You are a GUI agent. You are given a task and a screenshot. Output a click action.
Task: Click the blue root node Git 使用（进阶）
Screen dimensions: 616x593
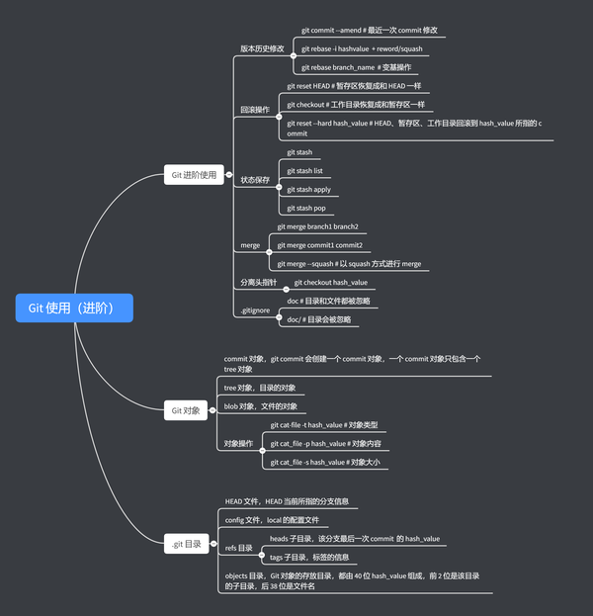(74, 308)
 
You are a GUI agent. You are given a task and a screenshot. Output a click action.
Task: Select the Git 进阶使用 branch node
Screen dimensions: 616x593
(194, 175)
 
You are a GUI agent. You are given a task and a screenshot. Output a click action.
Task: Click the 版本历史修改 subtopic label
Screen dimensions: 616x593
(262, 48)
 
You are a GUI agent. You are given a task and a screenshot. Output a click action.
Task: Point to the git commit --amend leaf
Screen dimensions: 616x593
(369, 31)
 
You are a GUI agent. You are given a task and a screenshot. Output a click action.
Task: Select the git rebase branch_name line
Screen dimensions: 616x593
(356, 67)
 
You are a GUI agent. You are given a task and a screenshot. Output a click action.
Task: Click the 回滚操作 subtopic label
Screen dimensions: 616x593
(255, 110)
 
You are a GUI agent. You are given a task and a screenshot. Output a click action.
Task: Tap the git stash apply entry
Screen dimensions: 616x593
(308, 189)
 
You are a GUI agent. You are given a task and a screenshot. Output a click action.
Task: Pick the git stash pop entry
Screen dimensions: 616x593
(306, 208)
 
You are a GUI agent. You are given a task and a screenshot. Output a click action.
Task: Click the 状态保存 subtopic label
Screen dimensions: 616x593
(255, 180)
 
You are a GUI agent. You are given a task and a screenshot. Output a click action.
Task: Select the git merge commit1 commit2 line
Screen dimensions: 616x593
(319, 245)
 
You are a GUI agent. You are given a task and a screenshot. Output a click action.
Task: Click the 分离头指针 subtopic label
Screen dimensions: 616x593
(259, 283)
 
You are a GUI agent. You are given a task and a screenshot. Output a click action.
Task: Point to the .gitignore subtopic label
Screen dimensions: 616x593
(255, 310)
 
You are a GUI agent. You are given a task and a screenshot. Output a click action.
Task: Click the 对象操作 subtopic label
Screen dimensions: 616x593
(239, 444)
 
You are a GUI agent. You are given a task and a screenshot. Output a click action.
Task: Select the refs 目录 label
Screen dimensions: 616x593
(239, 547)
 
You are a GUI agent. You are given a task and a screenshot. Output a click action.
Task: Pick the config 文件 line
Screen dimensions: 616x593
(272, 519)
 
